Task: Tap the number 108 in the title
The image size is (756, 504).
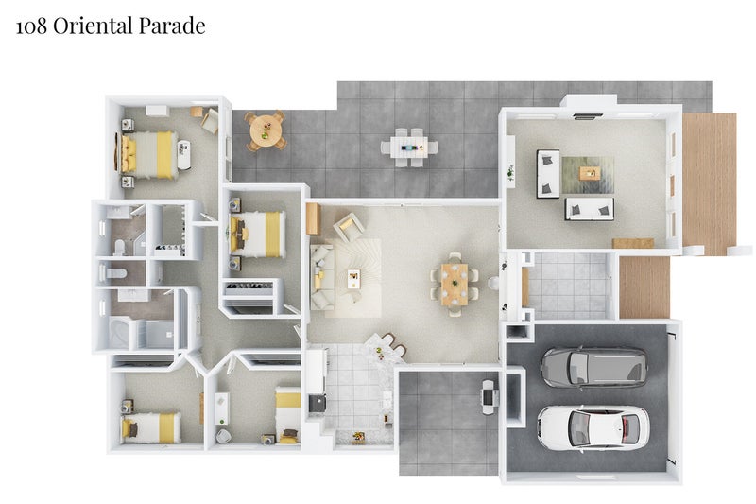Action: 32,26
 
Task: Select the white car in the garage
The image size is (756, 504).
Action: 593,427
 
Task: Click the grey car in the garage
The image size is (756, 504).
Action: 594,368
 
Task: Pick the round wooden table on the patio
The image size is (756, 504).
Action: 265,130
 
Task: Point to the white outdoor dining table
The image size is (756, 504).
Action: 409,147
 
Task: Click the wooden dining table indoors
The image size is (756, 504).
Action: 455,284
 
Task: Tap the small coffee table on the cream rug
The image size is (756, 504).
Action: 353,279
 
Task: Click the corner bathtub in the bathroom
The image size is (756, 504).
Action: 119,332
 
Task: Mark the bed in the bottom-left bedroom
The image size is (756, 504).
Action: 151,427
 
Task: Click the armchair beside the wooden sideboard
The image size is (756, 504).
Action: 348,227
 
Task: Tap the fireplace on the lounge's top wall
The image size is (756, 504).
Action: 588,116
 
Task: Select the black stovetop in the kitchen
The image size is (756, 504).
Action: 317,404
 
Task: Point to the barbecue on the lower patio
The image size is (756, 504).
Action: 490,397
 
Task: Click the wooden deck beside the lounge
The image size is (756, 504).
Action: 709,183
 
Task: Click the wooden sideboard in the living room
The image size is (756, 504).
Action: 314,218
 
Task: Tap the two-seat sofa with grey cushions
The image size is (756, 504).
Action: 590,209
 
